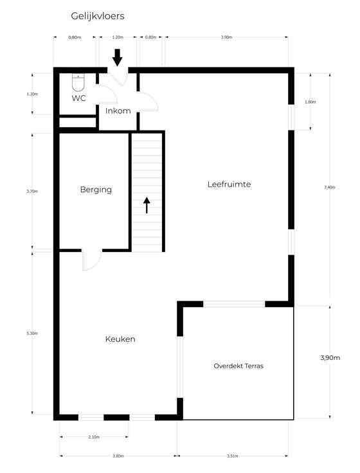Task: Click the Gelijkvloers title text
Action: [x=98, y=16]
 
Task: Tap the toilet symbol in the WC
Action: [x=78, y=82]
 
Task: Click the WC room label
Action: [x=79, y=98]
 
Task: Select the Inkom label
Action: [x=118, y=111]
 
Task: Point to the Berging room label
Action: [x=96, y=190]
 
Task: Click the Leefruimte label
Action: [x=229, y=184]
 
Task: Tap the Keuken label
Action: [x=120, y=339]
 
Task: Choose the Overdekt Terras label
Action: [x=239, y=366]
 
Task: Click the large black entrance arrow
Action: [x=118, y=57]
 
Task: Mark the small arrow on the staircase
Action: [x=147, y=205]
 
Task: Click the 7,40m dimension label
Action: [x=330, y=187]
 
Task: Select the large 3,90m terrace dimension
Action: [x=330, y=358]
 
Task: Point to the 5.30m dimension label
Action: [x=32, y=334]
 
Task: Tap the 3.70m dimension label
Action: [x=32, y=192]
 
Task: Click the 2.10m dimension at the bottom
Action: [x=94, y=437]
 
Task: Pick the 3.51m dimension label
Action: [x=232, y=456]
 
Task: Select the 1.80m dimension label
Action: [x=310, y=102]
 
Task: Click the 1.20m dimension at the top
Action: [x=118, y=37]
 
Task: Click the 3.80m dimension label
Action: [x=118, y=456]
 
